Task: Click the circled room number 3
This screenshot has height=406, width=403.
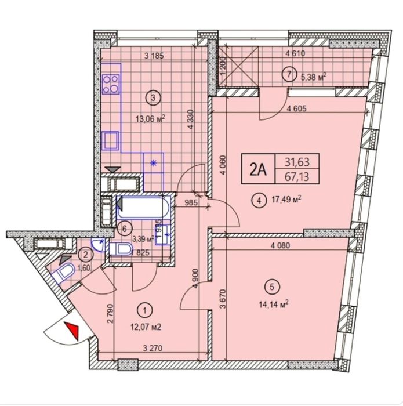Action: (x=153, y=97)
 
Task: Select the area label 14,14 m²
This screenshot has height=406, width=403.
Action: (x=276, y=302)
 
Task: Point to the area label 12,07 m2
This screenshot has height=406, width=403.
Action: (x=146, y=327)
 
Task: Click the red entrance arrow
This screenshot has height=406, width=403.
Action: (x=73, y=330)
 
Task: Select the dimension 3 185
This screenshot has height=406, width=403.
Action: (x=154, y=56)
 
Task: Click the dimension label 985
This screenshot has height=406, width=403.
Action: (x=191, y=202)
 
